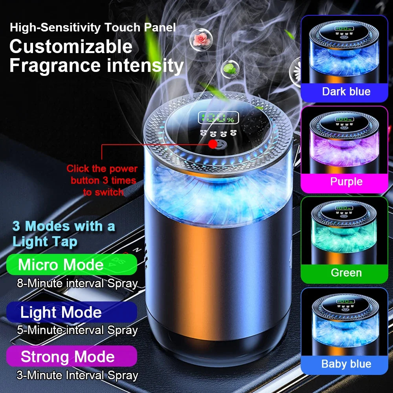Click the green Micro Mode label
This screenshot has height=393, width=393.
pos(72,264)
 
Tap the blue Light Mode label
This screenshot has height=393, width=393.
pos(72,312)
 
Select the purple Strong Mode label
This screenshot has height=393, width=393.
pos(72,356)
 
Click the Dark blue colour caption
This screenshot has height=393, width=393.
pos(346,92)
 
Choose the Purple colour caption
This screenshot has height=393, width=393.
pos(346,182)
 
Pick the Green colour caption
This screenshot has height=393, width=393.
pos(346,272)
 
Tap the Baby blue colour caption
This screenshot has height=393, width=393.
pos(346,364)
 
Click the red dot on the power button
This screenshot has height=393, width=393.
pos(213,144)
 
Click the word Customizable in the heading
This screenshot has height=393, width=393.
pos(71,46)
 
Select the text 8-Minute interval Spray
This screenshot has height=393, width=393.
pos(77,283)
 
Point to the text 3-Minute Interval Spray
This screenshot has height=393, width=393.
pos(77,375)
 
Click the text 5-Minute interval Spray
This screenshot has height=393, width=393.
pos(77,330)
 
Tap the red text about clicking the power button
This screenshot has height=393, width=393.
pos(102,180)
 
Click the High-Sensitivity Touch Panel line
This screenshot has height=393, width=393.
pos(93,28)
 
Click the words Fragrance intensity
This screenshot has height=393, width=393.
pos(96,66)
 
